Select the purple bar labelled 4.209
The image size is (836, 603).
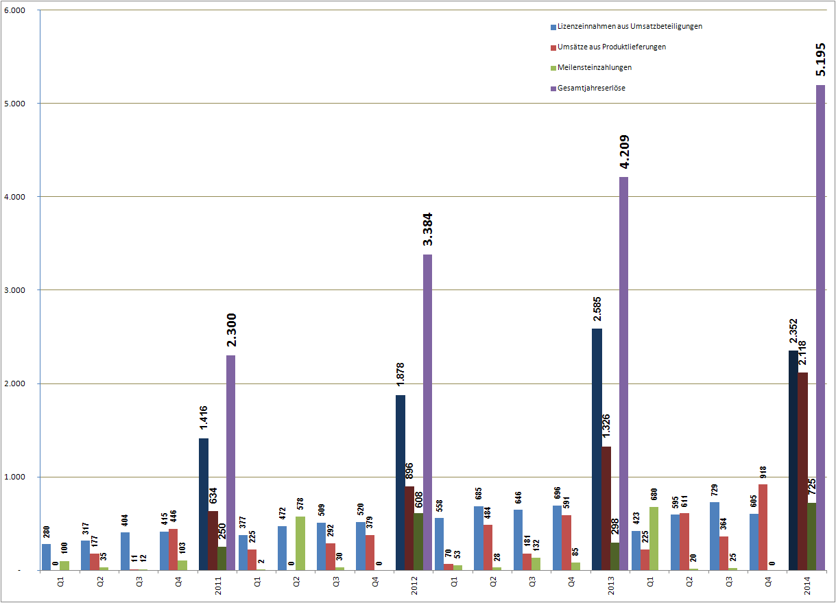click(x=623, y=373)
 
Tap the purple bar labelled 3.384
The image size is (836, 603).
click(x=427, y=412)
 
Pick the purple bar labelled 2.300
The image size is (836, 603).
click(x=230, y=462)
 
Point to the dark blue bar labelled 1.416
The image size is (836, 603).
click(x=204, y=504)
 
